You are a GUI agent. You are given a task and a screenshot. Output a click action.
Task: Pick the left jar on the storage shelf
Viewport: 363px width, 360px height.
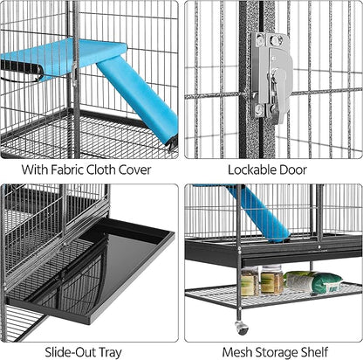249,281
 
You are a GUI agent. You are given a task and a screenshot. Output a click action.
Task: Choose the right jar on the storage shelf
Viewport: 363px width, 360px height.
271,280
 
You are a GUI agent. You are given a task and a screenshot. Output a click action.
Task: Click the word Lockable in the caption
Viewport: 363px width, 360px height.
254,170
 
